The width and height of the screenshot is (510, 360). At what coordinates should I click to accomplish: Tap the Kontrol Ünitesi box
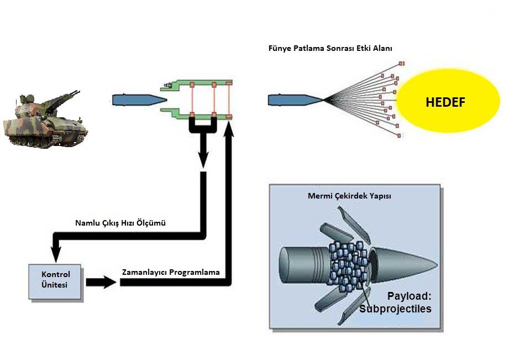(56, 281)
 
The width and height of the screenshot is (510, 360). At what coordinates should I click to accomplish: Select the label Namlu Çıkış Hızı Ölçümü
(120, 223)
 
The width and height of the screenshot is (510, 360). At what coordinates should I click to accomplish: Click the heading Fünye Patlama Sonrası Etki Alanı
(330, 49)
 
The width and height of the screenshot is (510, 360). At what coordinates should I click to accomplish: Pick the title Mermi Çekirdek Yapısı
(349, 196)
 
